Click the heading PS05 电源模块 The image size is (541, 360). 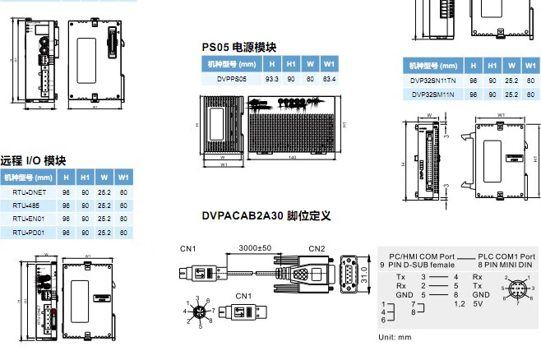click(x=239, y=47)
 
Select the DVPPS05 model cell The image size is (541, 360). click(x=232, y=78)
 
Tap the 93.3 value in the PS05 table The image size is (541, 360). click(x=271, y=78)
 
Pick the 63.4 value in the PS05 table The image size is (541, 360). click(x=329, y=78)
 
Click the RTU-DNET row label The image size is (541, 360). click(x=27, y=192)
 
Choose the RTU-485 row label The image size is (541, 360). click(x=26, y=205)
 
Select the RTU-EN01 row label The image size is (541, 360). click(x=28, y=219)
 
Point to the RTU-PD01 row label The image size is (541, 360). click(x=28, y=233)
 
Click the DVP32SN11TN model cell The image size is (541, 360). click(x=433, y=81)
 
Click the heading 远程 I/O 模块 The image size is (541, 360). click(x=33, y=160)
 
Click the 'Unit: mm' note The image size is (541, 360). click(x=395, y=338)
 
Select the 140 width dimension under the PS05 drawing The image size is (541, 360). click(x=292, y=158)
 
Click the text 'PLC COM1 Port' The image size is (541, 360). click(x=506, y=256)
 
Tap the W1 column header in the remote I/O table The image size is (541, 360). click(x=123, y=177)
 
